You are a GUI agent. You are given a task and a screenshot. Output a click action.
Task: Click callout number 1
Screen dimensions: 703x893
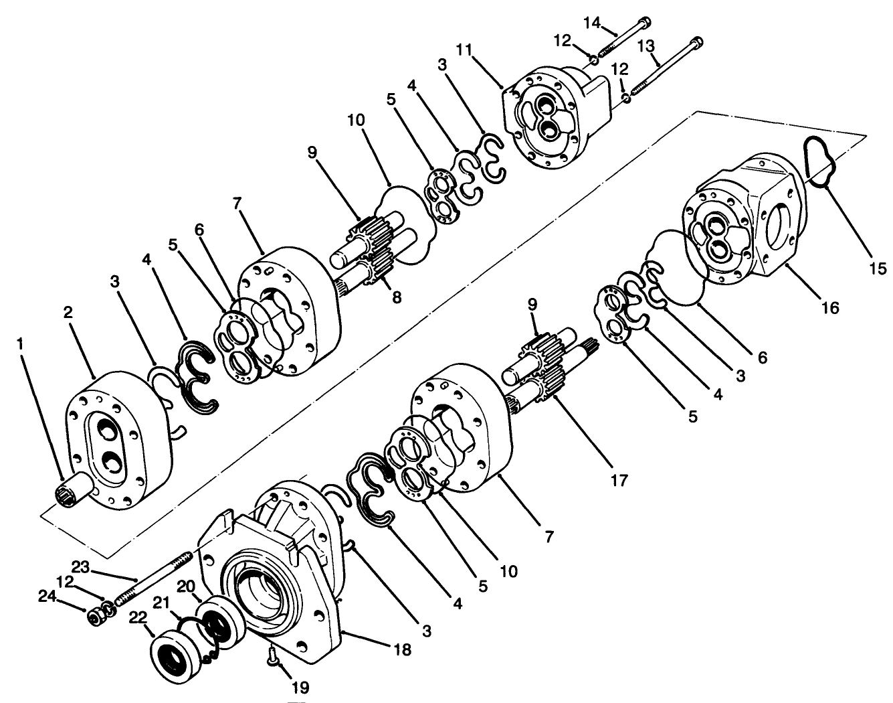point(21,343)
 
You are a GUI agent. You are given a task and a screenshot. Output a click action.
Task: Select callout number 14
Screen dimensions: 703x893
point(593,23)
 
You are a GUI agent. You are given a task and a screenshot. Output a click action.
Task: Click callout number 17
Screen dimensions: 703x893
point(619,480)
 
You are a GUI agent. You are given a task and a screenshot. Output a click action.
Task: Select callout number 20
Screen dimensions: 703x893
point(185,587)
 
